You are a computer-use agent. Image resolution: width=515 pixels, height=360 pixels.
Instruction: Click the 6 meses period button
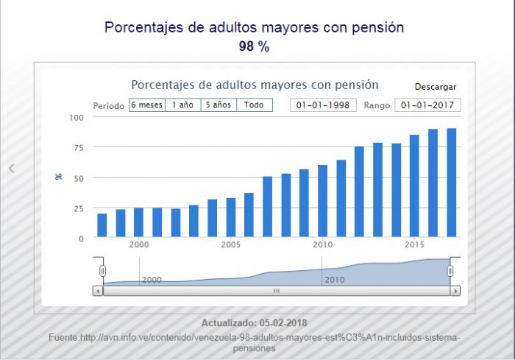tap(147, 105)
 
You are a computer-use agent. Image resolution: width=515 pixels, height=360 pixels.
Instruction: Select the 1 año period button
tap(183, 105)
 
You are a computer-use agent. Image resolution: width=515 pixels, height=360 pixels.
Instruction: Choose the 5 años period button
tap(219, 105)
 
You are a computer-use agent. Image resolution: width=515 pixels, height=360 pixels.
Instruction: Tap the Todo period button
tap(255, 105)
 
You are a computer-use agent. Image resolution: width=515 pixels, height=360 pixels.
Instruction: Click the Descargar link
tap(436, 87)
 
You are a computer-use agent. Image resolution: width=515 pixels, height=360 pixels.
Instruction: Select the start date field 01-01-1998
tap(323, 105)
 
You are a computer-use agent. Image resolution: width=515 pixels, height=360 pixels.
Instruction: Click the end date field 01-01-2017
tap(427, 105)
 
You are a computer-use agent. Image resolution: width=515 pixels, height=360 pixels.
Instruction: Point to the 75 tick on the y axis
tap(79, 148)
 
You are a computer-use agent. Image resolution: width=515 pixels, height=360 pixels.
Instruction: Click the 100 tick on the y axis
tap(77, 117)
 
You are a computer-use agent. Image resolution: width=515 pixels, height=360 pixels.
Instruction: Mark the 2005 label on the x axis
tap(230, 244)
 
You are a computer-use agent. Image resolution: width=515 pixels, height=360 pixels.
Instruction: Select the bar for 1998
tap(102, 225)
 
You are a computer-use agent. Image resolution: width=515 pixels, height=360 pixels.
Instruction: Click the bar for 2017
tap(452, 183)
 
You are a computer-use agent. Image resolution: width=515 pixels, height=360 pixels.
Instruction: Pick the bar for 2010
tap(323, 201)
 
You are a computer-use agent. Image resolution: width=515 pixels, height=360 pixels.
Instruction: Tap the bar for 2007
tap(268, 206)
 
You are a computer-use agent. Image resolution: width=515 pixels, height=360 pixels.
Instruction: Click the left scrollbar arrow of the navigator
tap(98, 291)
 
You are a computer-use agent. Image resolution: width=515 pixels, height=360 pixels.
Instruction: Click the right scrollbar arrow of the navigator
tap(455, 291)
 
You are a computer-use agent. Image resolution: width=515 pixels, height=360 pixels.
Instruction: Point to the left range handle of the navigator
tap(102, 271)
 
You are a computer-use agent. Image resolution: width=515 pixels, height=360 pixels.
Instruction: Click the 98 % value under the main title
tap(255, 46)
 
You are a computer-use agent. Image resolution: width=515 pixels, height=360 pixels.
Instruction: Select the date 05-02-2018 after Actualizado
tap(283, 323)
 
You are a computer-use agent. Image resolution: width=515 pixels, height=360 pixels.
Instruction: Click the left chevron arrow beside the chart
tap(12, 169)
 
